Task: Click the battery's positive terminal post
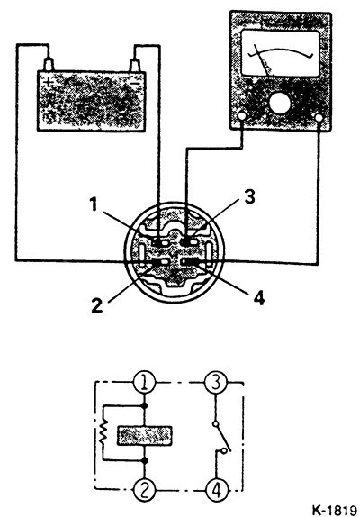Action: click(x=49, y=64)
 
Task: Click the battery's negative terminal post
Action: click(x=135, y=65)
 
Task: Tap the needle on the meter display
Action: click(x=263, y=59)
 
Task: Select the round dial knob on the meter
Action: click(x=280, y=104)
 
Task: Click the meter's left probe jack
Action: click(x=241, y=116)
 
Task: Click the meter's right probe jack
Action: click(x=319, y=117)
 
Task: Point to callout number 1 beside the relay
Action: click(x=94, y=204)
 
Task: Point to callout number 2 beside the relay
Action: click(x=97, y=305)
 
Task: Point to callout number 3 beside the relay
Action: click(x=249, y=197)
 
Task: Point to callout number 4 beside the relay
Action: click(x=259, y=298)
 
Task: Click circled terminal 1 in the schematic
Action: click(x=144, y=383)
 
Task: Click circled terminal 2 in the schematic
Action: click(x=144, y=489)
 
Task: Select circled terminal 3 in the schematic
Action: click(x=215, y=383)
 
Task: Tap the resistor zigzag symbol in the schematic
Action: click(x=103, y=432)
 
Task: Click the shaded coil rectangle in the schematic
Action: click(x=145, y=436)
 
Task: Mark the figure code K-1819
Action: click(x=334, y=510)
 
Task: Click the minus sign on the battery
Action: click(x=136, y=85)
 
